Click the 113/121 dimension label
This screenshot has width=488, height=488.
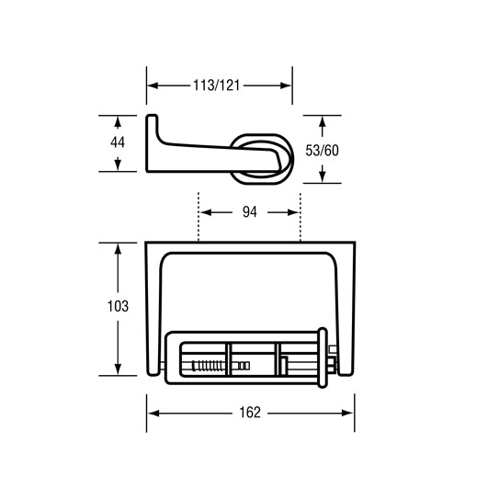[219, 85]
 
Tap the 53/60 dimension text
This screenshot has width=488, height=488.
[323, 149]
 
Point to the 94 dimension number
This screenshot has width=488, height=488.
[249, 211]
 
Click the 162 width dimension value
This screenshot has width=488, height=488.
[251, 413]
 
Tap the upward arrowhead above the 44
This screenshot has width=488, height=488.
[118, 121]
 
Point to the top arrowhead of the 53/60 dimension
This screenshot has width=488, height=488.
[323, 121]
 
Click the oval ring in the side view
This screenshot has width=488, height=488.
[262, 157]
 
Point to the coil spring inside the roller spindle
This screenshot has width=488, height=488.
[209, 365]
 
